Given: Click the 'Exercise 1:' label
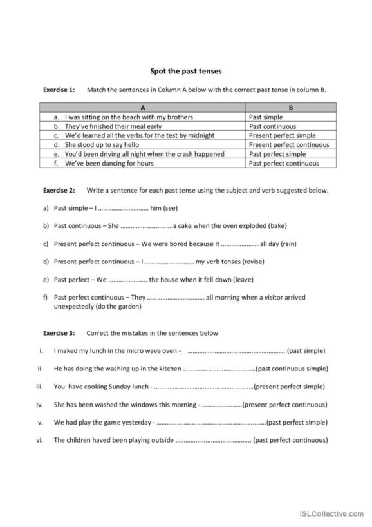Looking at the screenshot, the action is [59, 90].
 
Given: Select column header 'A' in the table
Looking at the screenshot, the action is [142, 108].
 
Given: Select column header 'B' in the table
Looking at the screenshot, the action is [291, 108].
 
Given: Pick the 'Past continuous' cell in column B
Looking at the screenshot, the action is [273, 127].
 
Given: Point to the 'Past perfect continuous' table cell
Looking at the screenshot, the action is [284, 164].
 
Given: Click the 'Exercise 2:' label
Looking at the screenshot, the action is [59, 191].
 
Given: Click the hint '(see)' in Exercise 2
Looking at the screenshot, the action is [171, 208].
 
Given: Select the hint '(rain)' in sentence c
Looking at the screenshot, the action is [288, 244].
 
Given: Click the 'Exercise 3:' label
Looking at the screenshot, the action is [59, 333].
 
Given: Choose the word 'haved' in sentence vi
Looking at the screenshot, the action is [103, 441].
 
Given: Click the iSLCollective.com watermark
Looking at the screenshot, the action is [332, 514].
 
